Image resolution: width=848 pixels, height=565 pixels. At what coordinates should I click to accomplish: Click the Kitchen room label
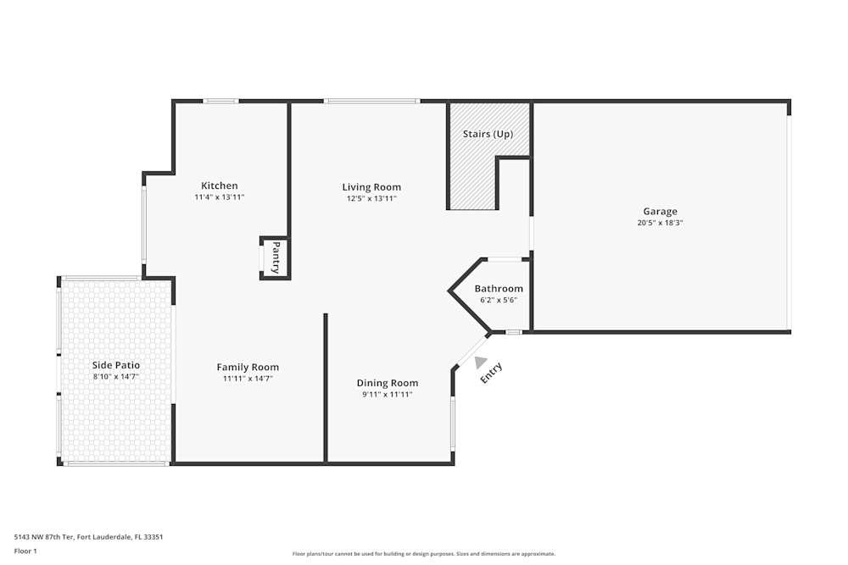(219, 186)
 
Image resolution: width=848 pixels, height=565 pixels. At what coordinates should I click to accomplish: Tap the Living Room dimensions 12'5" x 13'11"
(371, 198)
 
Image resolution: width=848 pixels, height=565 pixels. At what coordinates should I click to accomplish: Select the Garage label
(660, 211)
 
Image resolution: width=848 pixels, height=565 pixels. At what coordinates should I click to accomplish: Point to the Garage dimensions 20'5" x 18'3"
(660, 223)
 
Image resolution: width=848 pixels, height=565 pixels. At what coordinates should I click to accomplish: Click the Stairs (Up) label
(488, 134)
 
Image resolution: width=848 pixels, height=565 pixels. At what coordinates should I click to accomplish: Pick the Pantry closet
(276, 258)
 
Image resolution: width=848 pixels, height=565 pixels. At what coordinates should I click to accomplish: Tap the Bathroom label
(499, 288)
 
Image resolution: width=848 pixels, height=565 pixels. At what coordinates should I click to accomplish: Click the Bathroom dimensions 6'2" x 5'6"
(499, 300)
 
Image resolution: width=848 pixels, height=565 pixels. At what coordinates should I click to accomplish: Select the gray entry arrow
(481, 363)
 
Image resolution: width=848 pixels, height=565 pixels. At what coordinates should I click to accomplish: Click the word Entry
(492, 373)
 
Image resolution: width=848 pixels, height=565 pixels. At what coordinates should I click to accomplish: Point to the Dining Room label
(387, 383)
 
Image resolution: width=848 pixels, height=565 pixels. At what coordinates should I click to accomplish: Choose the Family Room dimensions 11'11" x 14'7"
(248, 379)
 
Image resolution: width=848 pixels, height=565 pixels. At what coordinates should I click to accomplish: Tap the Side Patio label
(116, 365)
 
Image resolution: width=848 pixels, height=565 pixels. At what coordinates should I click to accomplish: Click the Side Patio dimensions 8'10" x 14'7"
(116, 376)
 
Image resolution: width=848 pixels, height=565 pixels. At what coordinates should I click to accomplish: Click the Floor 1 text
(25, 551)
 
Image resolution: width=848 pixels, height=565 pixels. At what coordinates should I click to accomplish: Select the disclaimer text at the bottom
(424, 554)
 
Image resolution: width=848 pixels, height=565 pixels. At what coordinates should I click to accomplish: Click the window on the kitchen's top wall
(220, 102)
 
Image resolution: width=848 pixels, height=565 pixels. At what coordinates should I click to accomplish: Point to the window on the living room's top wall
(371, 102)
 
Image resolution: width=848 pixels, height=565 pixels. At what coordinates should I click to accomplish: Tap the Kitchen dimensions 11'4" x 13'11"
(219, 197)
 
